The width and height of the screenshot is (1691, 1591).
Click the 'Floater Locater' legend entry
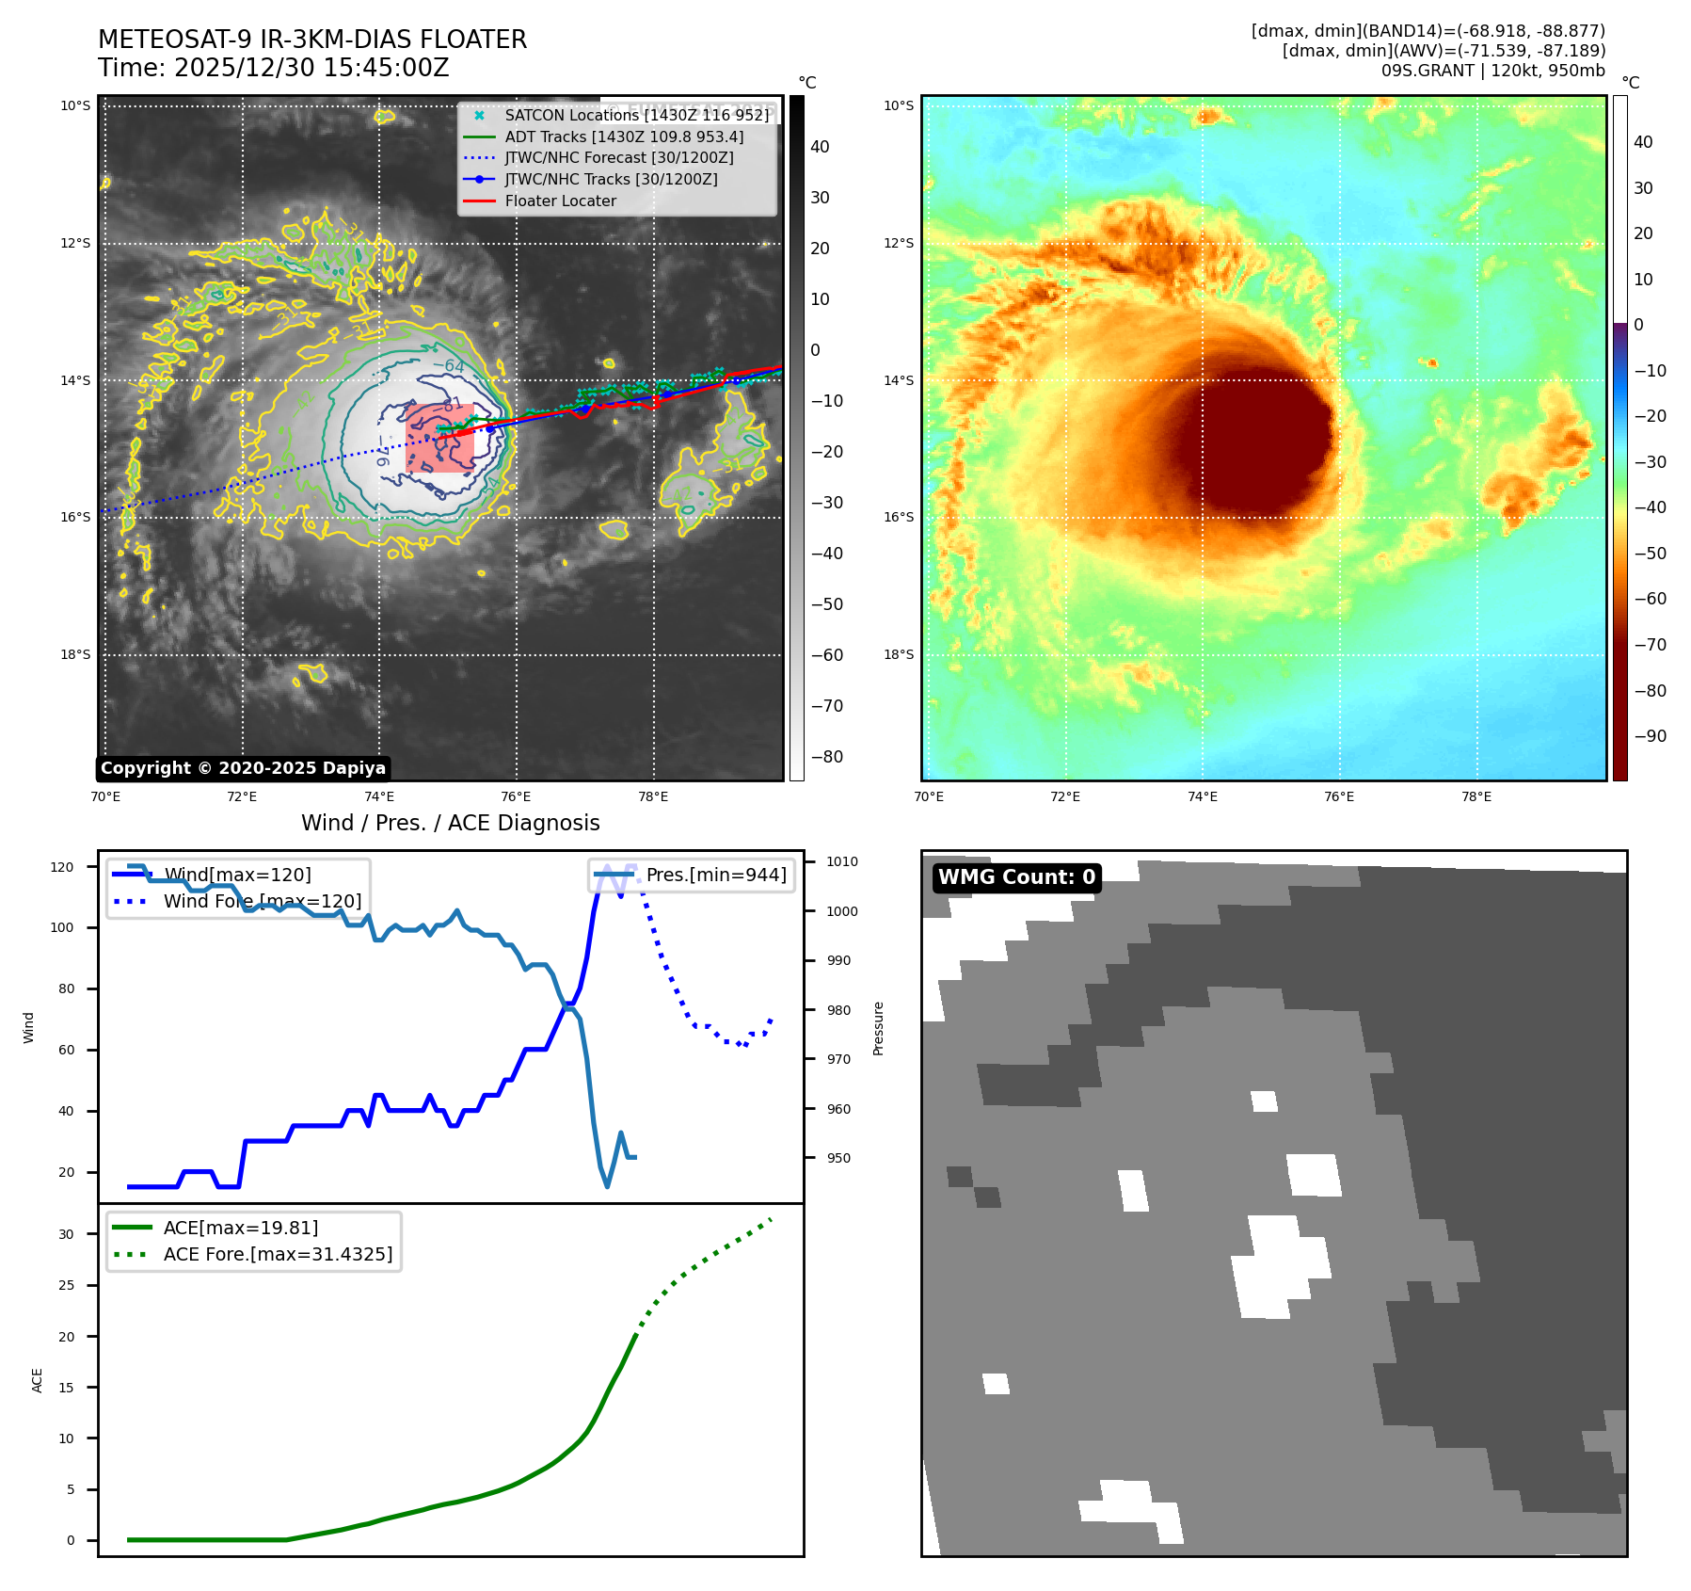point(560,201)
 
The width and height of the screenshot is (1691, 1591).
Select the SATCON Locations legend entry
point(636,115)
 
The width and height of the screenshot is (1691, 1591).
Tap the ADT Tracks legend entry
point(624,137)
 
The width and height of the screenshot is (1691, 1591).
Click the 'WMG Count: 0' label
point(1016,877)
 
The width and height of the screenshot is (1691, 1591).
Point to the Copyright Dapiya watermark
point(243,768)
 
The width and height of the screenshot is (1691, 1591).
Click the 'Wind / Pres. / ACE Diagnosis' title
point(450,823)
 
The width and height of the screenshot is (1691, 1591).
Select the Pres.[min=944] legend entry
point(715,875)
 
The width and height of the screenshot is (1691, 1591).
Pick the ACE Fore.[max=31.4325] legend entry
point(278,1254)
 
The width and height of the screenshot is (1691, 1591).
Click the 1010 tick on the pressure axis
point(842,861)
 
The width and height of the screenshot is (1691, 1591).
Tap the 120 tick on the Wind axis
point(62,867)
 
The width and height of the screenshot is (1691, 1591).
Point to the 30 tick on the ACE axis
point(66,1234)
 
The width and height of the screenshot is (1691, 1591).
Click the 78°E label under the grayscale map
point(653,797)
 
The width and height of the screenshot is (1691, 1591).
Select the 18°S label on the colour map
point(899,654)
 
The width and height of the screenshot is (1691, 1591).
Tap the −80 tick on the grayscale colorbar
point(827,757)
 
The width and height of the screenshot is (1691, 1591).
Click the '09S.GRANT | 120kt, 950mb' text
point(1492,71)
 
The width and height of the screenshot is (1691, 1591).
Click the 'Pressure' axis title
point(878,1028)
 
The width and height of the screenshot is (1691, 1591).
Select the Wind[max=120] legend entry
point(237,875)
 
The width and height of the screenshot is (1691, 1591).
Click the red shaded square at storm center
point(439,438)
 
